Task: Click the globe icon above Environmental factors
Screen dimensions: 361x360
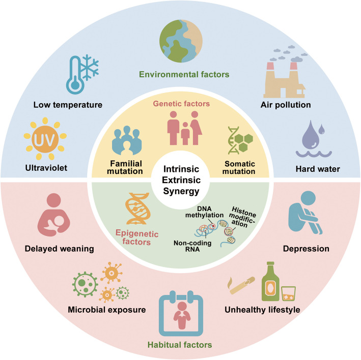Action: (x=180, y=40)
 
